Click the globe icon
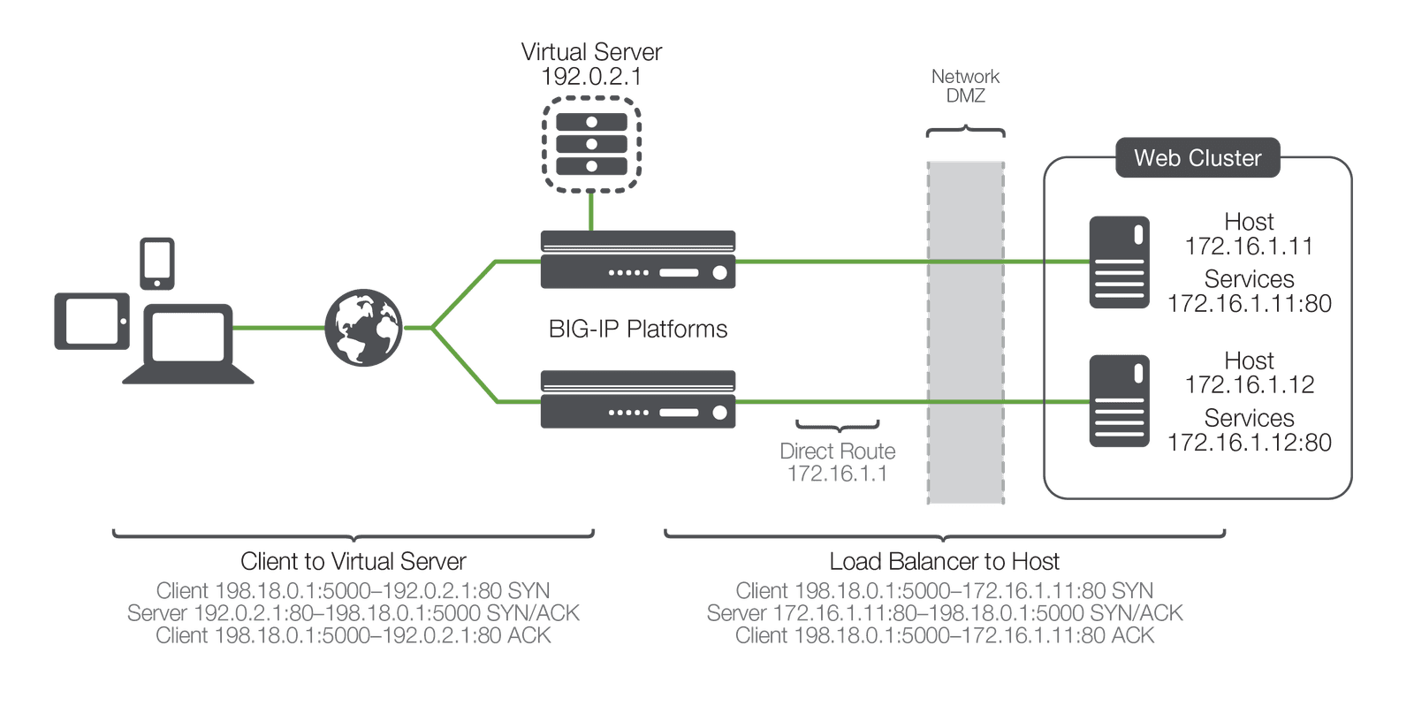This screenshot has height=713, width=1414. (363, 327)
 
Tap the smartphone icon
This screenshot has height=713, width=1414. (157, 262)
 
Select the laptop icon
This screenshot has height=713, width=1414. (188, 344)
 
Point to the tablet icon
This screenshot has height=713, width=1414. (92, 321)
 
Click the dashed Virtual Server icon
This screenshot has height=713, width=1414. (591, 144)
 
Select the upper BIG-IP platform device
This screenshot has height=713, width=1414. (638, 260)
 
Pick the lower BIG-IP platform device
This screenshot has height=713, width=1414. (638, 399)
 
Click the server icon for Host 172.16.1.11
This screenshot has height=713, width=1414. (1119, 262)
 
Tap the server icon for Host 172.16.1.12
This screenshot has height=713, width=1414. (1119, 400)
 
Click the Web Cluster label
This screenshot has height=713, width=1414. (1197, 158)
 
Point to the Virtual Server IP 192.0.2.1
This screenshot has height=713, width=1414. (591, 77)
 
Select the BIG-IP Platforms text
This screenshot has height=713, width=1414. (637, 330)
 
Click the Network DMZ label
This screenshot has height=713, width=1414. (965, 86)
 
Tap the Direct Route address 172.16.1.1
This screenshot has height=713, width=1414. (838, 474)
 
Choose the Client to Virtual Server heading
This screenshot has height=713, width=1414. (353, 562)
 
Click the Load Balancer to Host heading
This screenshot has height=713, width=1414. (944, 562)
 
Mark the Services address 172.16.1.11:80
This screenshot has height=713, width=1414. (1249, 304)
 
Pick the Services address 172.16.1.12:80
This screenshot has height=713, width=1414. (1249, 443)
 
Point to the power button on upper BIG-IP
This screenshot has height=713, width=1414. (719, 273)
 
